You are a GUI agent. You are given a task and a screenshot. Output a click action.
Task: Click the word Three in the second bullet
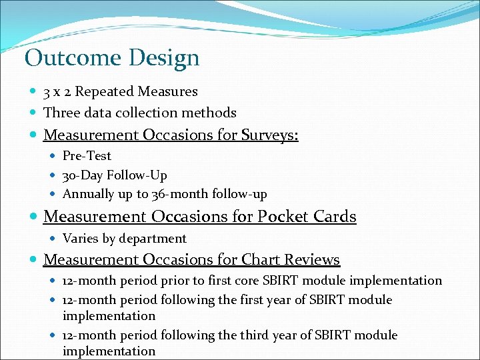click(61, 113)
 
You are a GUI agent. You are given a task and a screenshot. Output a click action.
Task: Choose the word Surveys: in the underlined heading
click(269, 135)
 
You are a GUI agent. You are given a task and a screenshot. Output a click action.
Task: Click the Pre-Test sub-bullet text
click(87, 156)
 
